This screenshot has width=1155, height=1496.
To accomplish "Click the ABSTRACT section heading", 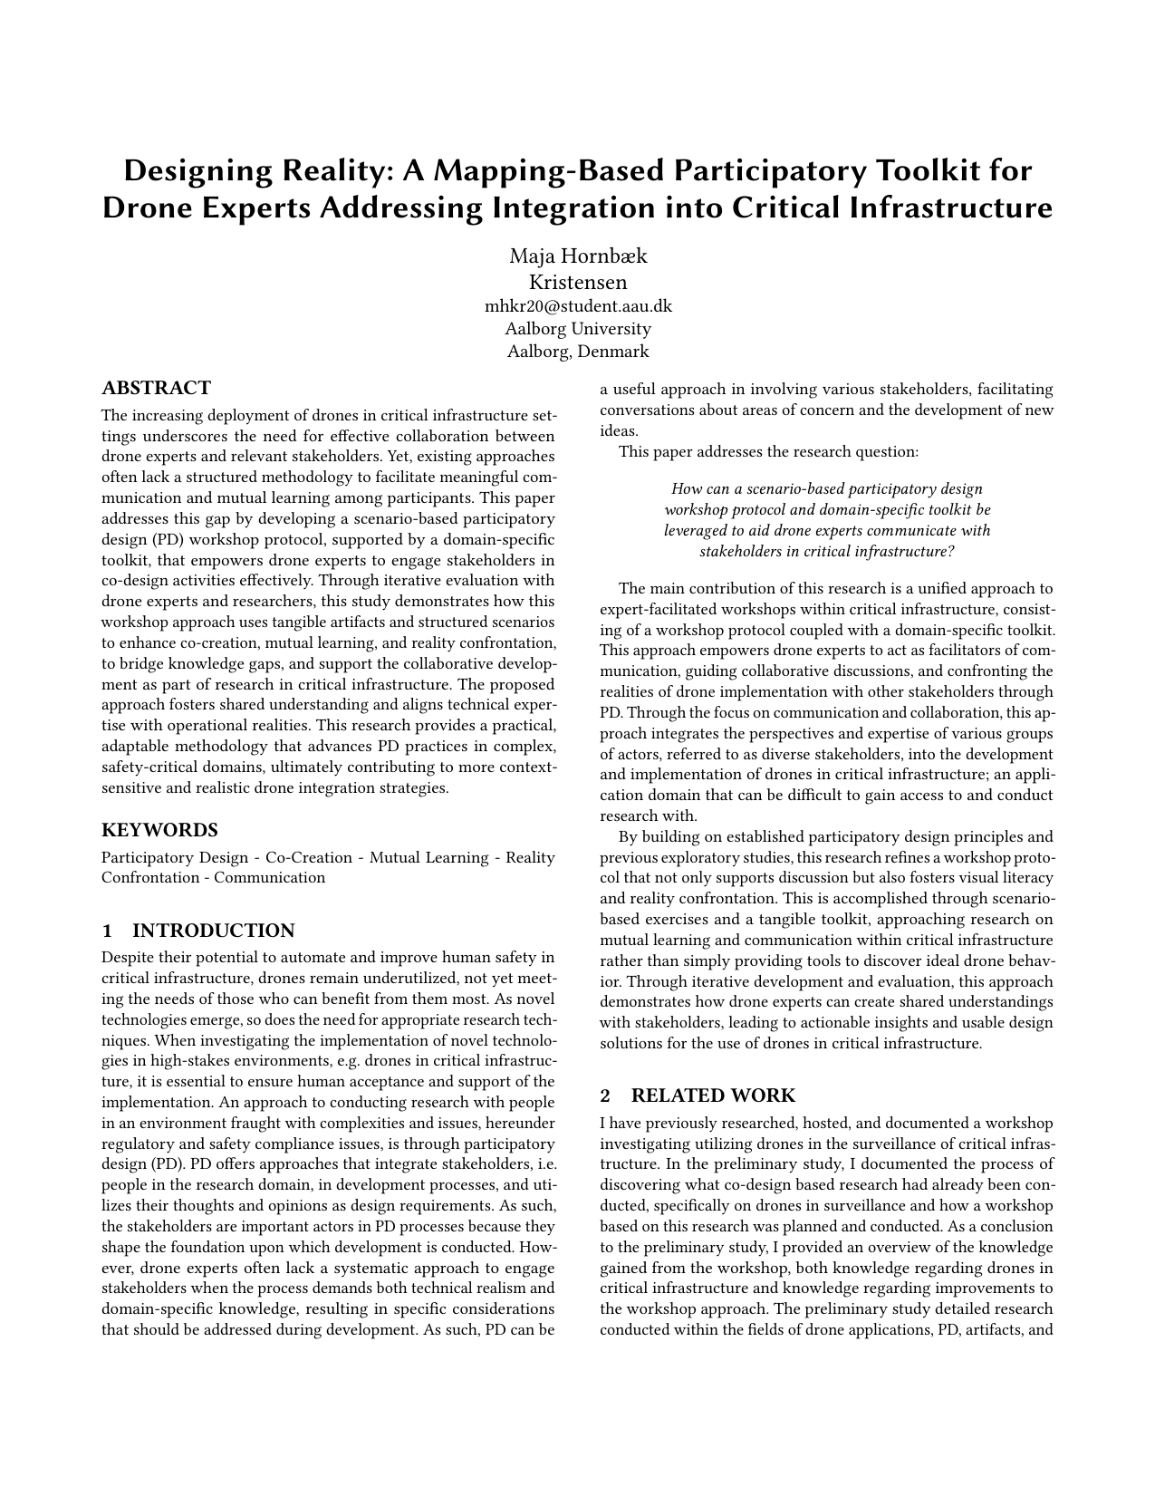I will tap(156, 389).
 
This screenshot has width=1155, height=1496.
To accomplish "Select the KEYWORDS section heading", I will tap(159, 830).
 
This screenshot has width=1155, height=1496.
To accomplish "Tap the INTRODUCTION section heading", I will tap(214, 931).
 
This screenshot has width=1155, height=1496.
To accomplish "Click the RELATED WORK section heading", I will tap(713, 1095).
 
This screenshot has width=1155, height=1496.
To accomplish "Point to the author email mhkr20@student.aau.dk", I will tap(578, 305).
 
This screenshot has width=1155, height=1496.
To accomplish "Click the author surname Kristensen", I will tap(578, 282).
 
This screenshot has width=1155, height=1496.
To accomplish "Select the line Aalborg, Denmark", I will tap(578, 352).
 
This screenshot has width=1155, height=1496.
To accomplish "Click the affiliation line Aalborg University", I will tap(578, 328).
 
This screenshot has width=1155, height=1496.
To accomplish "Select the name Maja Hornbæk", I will tap(578, 256).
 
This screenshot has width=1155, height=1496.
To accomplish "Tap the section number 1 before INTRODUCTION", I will tap(107, 931).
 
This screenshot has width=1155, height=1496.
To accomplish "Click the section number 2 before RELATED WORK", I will tap(605, 1095).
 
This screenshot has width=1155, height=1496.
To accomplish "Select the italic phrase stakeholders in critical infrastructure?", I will tap(827, 551).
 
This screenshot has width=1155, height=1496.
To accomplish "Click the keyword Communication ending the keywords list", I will tap(269, 877).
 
